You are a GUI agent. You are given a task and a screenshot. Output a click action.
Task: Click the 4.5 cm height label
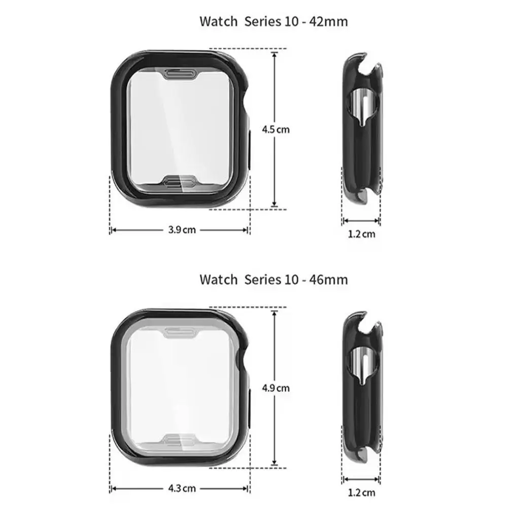pyautogui.click(x=275, y=129)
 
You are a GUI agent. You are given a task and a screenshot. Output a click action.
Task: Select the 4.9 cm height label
pyautogui.click(x=275, y=388)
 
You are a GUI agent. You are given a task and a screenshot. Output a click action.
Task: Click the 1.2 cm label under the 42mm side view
pyautogui.click(x=362, y=234)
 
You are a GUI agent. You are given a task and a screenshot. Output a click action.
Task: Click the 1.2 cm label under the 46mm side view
pyautogui.click(x=362, y=492)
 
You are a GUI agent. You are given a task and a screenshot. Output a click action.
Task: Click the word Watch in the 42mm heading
pyautogui.click(x=218, y=21)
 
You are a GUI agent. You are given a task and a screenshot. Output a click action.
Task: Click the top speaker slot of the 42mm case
pyautogui.click(x=180, y=75)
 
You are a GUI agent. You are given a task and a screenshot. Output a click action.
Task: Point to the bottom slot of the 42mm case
pyautogui.click(x=180, y=182)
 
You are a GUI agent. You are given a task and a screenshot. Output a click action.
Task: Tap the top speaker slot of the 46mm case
pyautogui.click(x=180, y=333)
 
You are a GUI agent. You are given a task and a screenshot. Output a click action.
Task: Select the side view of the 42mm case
pyautogui.click(x=361, y=131)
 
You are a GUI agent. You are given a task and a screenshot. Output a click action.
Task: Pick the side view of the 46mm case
pyautogui.click(x=361, y=389)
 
